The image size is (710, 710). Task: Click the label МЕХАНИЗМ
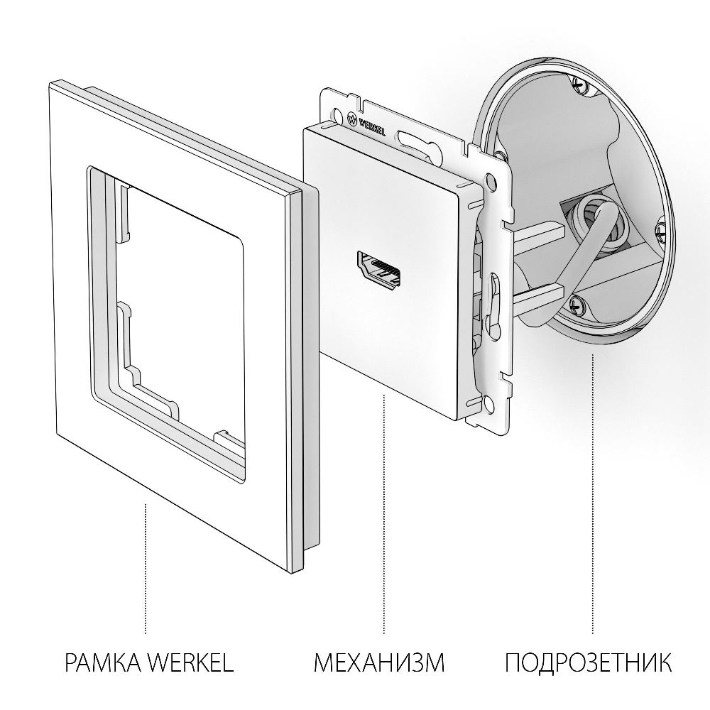point(379,664)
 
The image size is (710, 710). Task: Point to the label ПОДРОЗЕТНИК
point(589,664)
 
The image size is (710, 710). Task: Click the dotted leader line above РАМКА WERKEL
point(145,568)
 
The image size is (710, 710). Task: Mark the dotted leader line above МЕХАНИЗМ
point(384,511)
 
